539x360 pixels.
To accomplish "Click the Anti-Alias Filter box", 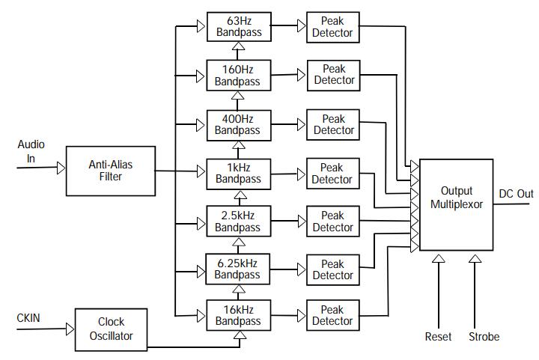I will point(110,171).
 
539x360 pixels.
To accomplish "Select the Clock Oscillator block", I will point(111,329).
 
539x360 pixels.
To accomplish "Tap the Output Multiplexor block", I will point(457,204).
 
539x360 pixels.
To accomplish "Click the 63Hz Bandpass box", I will point(238,27).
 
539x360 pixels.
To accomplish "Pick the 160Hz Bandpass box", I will point(238,76).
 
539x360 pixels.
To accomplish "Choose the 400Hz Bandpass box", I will point(238,124).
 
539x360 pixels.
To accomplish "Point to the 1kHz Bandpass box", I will point(238,173).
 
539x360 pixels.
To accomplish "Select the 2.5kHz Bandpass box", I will point(238,222).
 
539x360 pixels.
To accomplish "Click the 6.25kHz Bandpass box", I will point(238,269).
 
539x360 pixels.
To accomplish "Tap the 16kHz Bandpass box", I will point(238,315).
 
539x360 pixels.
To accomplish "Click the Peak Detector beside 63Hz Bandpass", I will point(333,27).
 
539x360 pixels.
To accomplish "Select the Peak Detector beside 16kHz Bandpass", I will point(333,315).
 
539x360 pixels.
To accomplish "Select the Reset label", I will point(438,337).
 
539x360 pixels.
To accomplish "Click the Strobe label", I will point(484,337).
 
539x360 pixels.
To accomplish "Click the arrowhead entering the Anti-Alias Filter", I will point(61,168).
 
